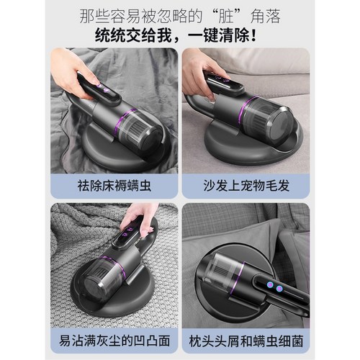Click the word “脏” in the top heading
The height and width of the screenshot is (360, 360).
pos(226,17)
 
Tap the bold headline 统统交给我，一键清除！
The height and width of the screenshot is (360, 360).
pos(176,36)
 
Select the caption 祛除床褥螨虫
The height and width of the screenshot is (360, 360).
pos(114,186)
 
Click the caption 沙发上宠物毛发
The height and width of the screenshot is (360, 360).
pos(246,186)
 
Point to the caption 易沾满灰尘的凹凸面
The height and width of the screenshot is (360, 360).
pos(114,341)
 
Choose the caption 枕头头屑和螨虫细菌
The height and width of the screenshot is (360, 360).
pos(246,341)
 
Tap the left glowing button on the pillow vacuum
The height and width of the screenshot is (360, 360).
pos(271,285)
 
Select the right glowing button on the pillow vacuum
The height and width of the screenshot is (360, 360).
pos(279,289)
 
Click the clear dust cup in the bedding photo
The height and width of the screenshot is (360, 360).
pos(142,130)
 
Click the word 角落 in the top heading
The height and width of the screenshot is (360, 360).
pos(265,17)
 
